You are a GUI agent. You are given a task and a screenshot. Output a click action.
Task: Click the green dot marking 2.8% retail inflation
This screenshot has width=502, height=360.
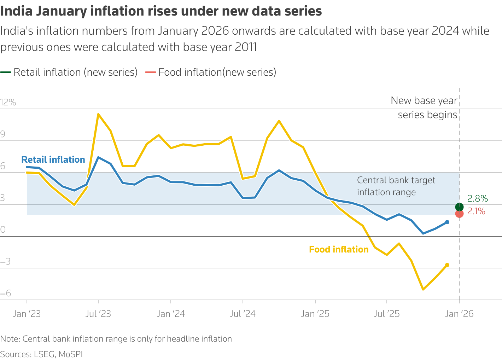[x=459, y=207]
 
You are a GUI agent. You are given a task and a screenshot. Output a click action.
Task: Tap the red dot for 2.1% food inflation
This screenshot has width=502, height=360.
[x=459, y=214]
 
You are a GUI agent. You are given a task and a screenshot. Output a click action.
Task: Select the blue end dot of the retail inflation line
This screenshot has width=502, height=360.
[x=447, y=222]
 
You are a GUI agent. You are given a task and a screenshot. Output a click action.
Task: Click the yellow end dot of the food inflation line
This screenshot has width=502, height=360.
[x=447, y=265]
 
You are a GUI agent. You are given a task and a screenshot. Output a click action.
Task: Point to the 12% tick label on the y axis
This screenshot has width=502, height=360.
[x=8, y=103]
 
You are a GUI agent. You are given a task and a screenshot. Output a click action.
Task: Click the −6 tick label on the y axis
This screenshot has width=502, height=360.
[x=6, y=294]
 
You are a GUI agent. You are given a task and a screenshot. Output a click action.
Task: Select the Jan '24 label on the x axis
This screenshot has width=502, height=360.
[x=171, y=314]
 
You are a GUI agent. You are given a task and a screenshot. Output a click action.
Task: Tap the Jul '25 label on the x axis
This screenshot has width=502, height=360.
[x=387, y=314]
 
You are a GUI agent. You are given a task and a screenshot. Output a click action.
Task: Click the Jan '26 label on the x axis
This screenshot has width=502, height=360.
[x=459, y=314]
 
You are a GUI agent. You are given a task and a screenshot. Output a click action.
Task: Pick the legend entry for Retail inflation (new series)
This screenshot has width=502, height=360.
[x=69, y=72]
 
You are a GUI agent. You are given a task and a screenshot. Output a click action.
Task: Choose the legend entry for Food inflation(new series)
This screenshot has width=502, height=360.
[x=211, y=72]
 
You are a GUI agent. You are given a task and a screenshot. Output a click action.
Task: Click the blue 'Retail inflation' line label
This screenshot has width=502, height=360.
[x=53, y=160]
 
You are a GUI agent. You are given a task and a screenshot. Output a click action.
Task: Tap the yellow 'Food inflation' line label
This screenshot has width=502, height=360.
[x=339, y=250]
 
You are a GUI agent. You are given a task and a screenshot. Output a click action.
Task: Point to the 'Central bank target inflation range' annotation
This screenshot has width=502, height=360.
[x=396, y=186]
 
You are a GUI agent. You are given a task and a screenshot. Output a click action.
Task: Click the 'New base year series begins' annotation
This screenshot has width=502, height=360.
[x=424, y=108]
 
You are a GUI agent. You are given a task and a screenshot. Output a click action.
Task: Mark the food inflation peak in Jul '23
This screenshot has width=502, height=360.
[x=98, y=114]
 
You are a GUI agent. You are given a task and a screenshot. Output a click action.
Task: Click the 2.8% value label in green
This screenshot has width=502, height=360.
[x=477, y=199]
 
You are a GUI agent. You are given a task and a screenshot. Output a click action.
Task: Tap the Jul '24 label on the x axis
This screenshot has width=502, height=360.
[x=243, y=314]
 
